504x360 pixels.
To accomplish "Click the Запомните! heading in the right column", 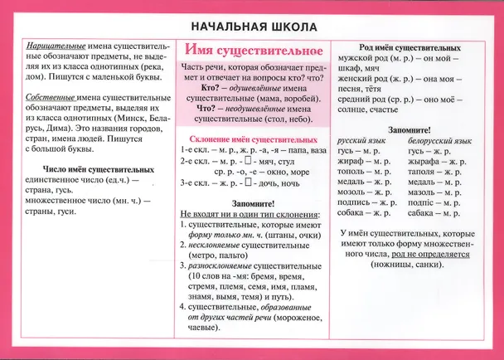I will [408, 129].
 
